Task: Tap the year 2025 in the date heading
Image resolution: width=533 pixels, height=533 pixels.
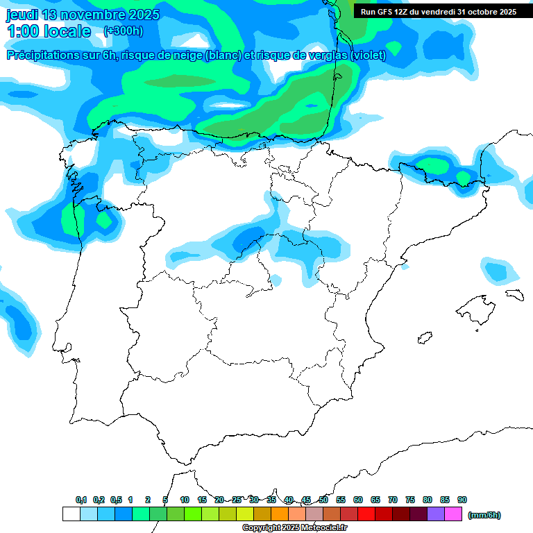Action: tap(143, 15)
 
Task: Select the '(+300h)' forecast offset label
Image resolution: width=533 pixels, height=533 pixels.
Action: tap(123, 31)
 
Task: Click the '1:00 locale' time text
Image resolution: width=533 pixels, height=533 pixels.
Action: tap(49, 31)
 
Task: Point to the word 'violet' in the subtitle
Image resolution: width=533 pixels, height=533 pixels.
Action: tap(365, 55)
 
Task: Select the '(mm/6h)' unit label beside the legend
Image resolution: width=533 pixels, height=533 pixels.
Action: tap(484, 515)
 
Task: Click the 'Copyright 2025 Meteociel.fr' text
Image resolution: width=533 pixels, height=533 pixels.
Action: tap(294, 528)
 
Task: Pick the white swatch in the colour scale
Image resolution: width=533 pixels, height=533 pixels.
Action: tap(71, 514)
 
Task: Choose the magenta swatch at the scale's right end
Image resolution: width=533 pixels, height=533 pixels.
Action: tap(453, 514)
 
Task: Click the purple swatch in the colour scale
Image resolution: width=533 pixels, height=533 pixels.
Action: tap(436, 514)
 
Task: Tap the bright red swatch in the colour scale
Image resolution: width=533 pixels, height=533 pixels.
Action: tap(366, 514)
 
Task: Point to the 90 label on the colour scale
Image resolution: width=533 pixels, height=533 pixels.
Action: tap(462, 500)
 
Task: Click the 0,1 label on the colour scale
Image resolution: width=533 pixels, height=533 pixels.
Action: tap(81, 500)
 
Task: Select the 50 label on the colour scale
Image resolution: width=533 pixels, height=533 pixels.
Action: tap(323, 500)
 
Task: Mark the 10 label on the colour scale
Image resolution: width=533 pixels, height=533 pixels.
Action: tap(185, 500)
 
